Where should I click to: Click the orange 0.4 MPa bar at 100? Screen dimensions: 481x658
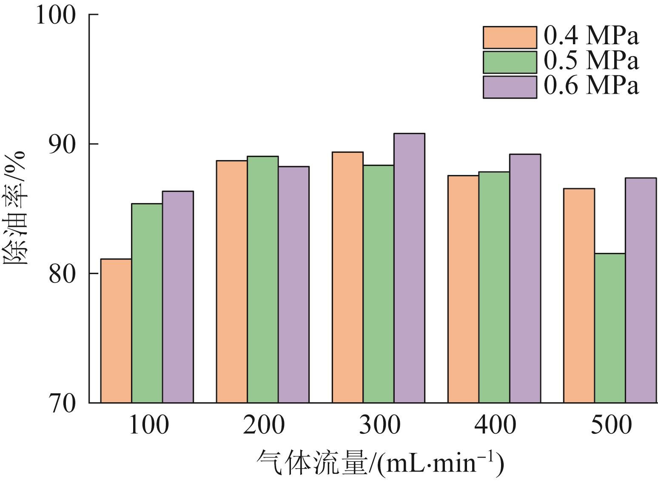click(x=116, y=331)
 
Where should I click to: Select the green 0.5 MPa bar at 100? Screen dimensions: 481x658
click(x=147, y=303)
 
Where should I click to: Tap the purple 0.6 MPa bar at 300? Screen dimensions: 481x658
click(x=409, y=268)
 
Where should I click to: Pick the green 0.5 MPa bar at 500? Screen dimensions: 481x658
click(x=610, y=328)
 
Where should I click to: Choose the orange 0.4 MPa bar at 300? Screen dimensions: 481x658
click(x=348, y=277)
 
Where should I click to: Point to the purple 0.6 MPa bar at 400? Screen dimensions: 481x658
click(x=525, y=278)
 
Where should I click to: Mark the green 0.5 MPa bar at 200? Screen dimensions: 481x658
click(x=262, y=279)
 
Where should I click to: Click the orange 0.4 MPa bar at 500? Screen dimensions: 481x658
click(x=579, y=295)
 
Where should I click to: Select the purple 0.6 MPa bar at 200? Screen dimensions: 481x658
click(x=293, y=284)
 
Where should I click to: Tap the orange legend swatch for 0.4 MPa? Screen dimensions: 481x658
click(x=510, y=37)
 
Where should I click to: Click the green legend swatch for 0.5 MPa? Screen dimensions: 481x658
click(x=510, y=62)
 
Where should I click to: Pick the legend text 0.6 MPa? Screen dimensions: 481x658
click(x=592, y=86)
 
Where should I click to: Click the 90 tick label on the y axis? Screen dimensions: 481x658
click(x=63, y=144)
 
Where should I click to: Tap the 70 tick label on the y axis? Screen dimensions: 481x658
click(x=63, y=403)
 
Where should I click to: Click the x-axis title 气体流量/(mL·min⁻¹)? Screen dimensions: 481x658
click(x=380, y=463)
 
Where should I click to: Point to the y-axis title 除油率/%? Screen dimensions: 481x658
click(x=16, y=209)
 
